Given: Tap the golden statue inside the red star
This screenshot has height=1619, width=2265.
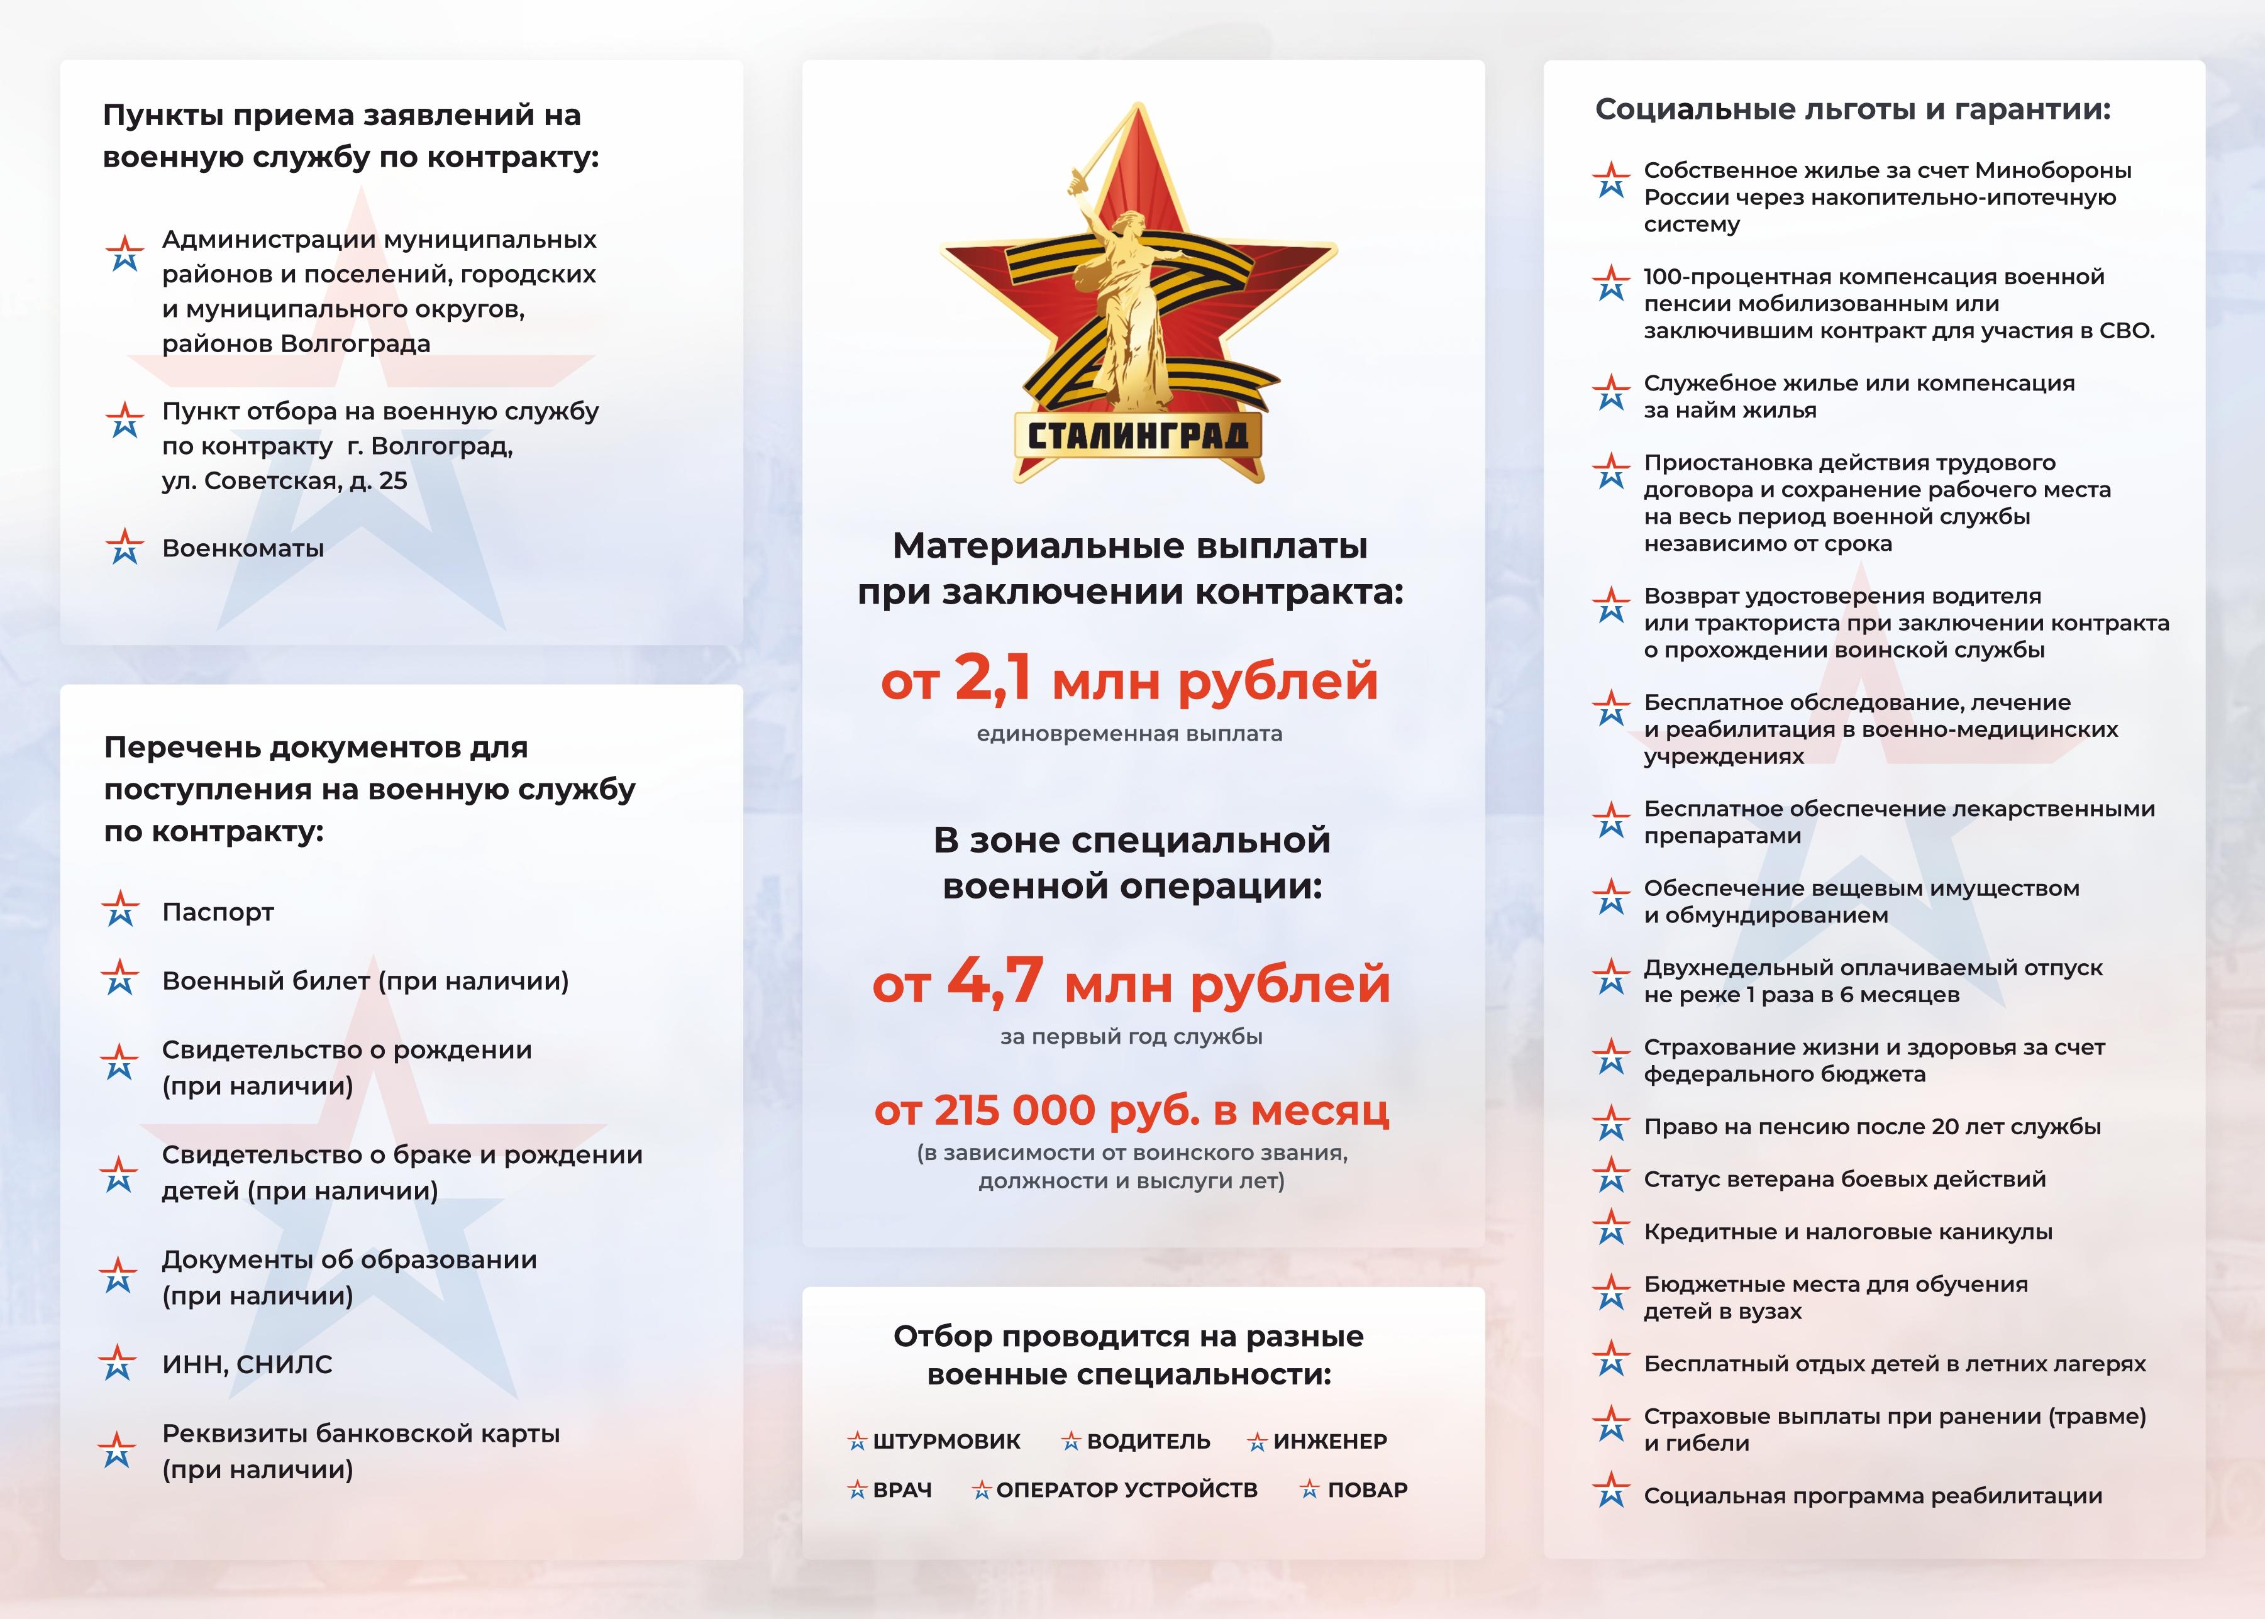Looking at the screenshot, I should point(1131,299).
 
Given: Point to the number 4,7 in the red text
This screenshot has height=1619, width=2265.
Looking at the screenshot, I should point(995,983).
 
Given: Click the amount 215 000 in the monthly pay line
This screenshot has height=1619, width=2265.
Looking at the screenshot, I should point(1014,1110).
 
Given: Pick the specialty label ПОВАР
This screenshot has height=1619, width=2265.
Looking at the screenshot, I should point(1367,1490).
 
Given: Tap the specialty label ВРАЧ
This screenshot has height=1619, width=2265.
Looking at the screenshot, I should point(902,1490).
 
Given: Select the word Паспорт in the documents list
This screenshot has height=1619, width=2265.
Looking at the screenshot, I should point(218,912).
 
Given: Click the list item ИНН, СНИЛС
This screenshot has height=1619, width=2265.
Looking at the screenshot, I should point(247,1365).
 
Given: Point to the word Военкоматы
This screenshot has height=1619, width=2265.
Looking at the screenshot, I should point(243,548).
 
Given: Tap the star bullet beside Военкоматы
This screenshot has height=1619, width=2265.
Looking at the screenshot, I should point(124,546).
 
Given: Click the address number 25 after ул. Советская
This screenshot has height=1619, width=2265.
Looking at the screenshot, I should point(393,480).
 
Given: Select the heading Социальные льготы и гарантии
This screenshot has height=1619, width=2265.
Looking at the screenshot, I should point(1852,109).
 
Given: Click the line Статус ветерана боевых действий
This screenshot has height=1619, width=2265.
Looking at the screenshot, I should point(1844,1180).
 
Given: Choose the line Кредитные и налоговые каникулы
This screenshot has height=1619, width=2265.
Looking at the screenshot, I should point(1847,1232).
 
